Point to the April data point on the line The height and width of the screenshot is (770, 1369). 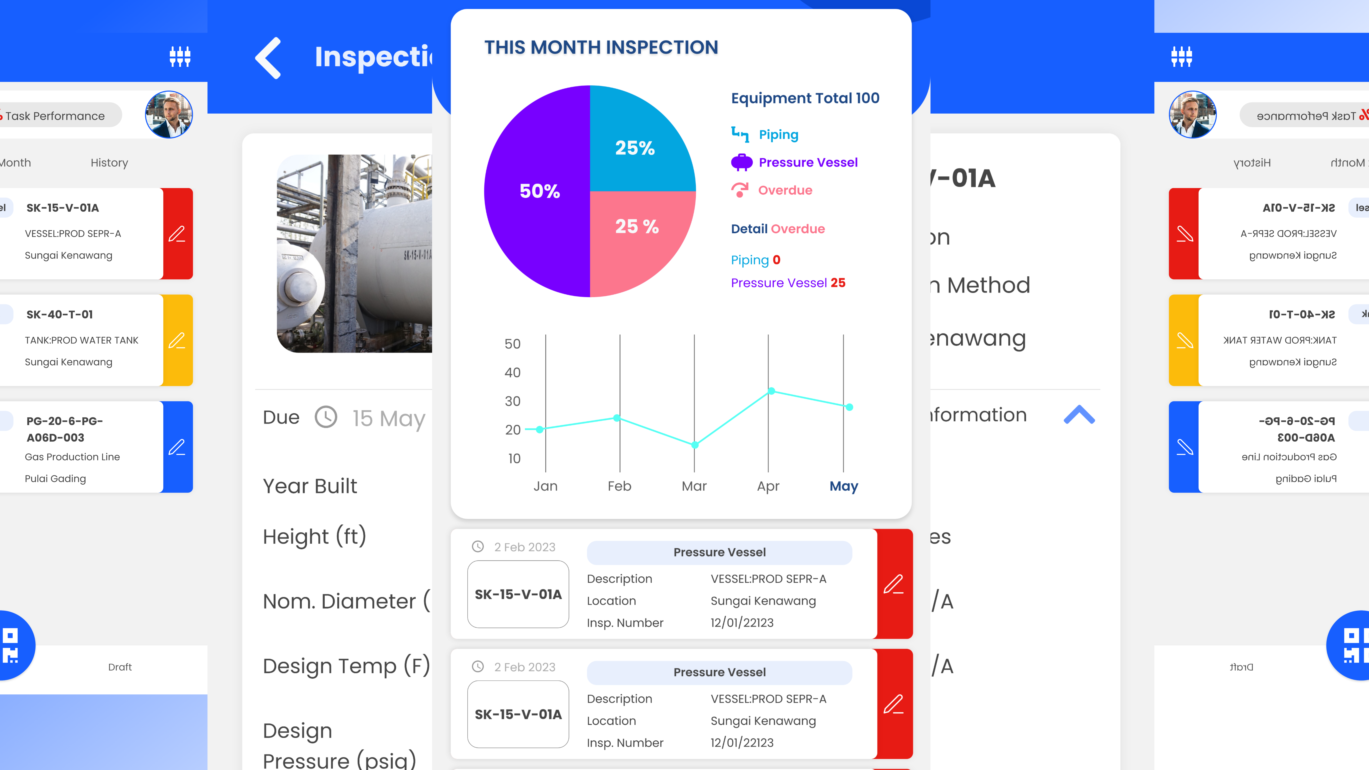pyautogui.click(x=771, y=391)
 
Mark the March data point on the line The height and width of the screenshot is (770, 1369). pyautogui.click(x=695, y=445)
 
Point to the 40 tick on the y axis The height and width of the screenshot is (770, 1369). pyautogui.click(x=512, y=373)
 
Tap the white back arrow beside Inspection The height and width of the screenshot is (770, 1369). pyautogui.click(x=268, y=58)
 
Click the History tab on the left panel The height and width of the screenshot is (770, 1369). pyautogui.click(x=109, y=163)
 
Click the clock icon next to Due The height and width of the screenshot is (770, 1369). pyautogui.click(x=326, y=417)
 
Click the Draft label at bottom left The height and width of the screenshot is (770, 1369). pyautogui.click(x=120, y=667)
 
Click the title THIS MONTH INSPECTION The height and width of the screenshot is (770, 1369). pyautogui.click(x=601, y=47)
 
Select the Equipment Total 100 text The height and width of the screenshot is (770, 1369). pyautogui.click(x=805, y=98)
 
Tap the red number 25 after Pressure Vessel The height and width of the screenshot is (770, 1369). pyautogui.click(x=838, y=283)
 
